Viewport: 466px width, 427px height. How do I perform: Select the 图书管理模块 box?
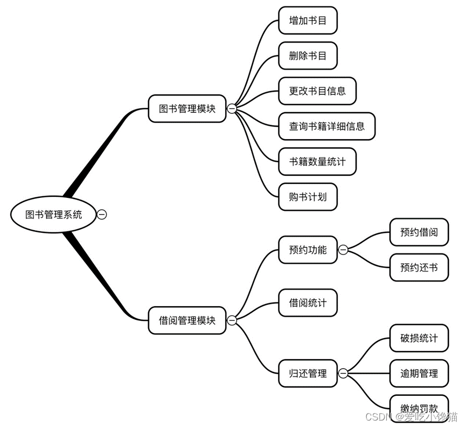coord(187,109)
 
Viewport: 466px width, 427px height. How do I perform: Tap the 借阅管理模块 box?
coord(187,321)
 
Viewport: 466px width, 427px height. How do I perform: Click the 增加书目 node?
coord(308,20)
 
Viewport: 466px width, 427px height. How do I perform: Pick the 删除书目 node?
coord(308,56)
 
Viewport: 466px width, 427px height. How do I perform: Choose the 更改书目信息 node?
coord(317,91)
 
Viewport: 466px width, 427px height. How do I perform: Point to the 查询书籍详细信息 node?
coord(326,126)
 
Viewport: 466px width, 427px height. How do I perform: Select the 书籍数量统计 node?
coord(317,161)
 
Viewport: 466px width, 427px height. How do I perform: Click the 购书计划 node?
coord(308,197)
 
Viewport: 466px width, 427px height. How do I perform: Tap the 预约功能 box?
coord(308,250)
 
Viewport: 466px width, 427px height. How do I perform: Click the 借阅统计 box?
coord(308,302)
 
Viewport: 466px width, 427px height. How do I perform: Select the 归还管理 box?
coord(308,373)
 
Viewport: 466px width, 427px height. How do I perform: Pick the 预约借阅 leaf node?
coord(419,232)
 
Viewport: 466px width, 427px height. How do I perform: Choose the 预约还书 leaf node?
coord(419,267)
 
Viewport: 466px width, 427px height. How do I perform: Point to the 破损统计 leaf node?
coord(419,338)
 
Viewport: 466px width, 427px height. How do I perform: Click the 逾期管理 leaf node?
coord(419,373)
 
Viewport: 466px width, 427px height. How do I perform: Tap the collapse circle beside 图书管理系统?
coord(102,215)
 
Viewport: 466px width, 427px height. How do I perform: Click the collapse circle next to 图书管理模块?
coord(232,109)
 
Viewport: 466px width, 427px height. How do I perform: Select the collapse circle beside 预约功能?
coord(343,250)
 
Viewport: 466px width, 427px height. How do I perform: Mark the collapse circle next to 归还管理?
coord(343,373)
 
